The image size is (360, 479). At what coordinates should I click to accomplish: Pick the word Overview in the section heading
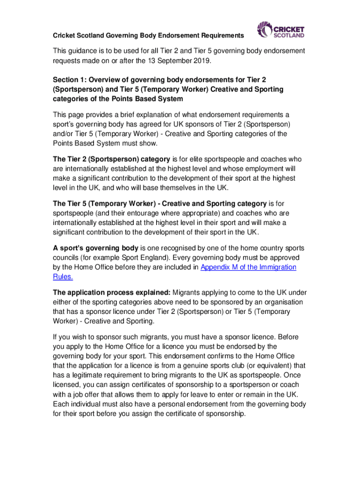pyautogui.click(x=104, y=80)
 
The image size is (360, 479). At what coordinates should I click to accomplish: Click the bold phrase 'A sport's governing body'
pyautogui.click(x=95, y=248)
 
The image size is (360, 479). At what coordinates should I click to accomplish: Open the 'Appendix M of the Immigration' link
pyautogui.click(x=248, y=267)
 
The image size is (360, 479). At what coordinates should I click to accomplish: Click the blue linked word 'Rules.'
pyautogui.click(x=63, y=276)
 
